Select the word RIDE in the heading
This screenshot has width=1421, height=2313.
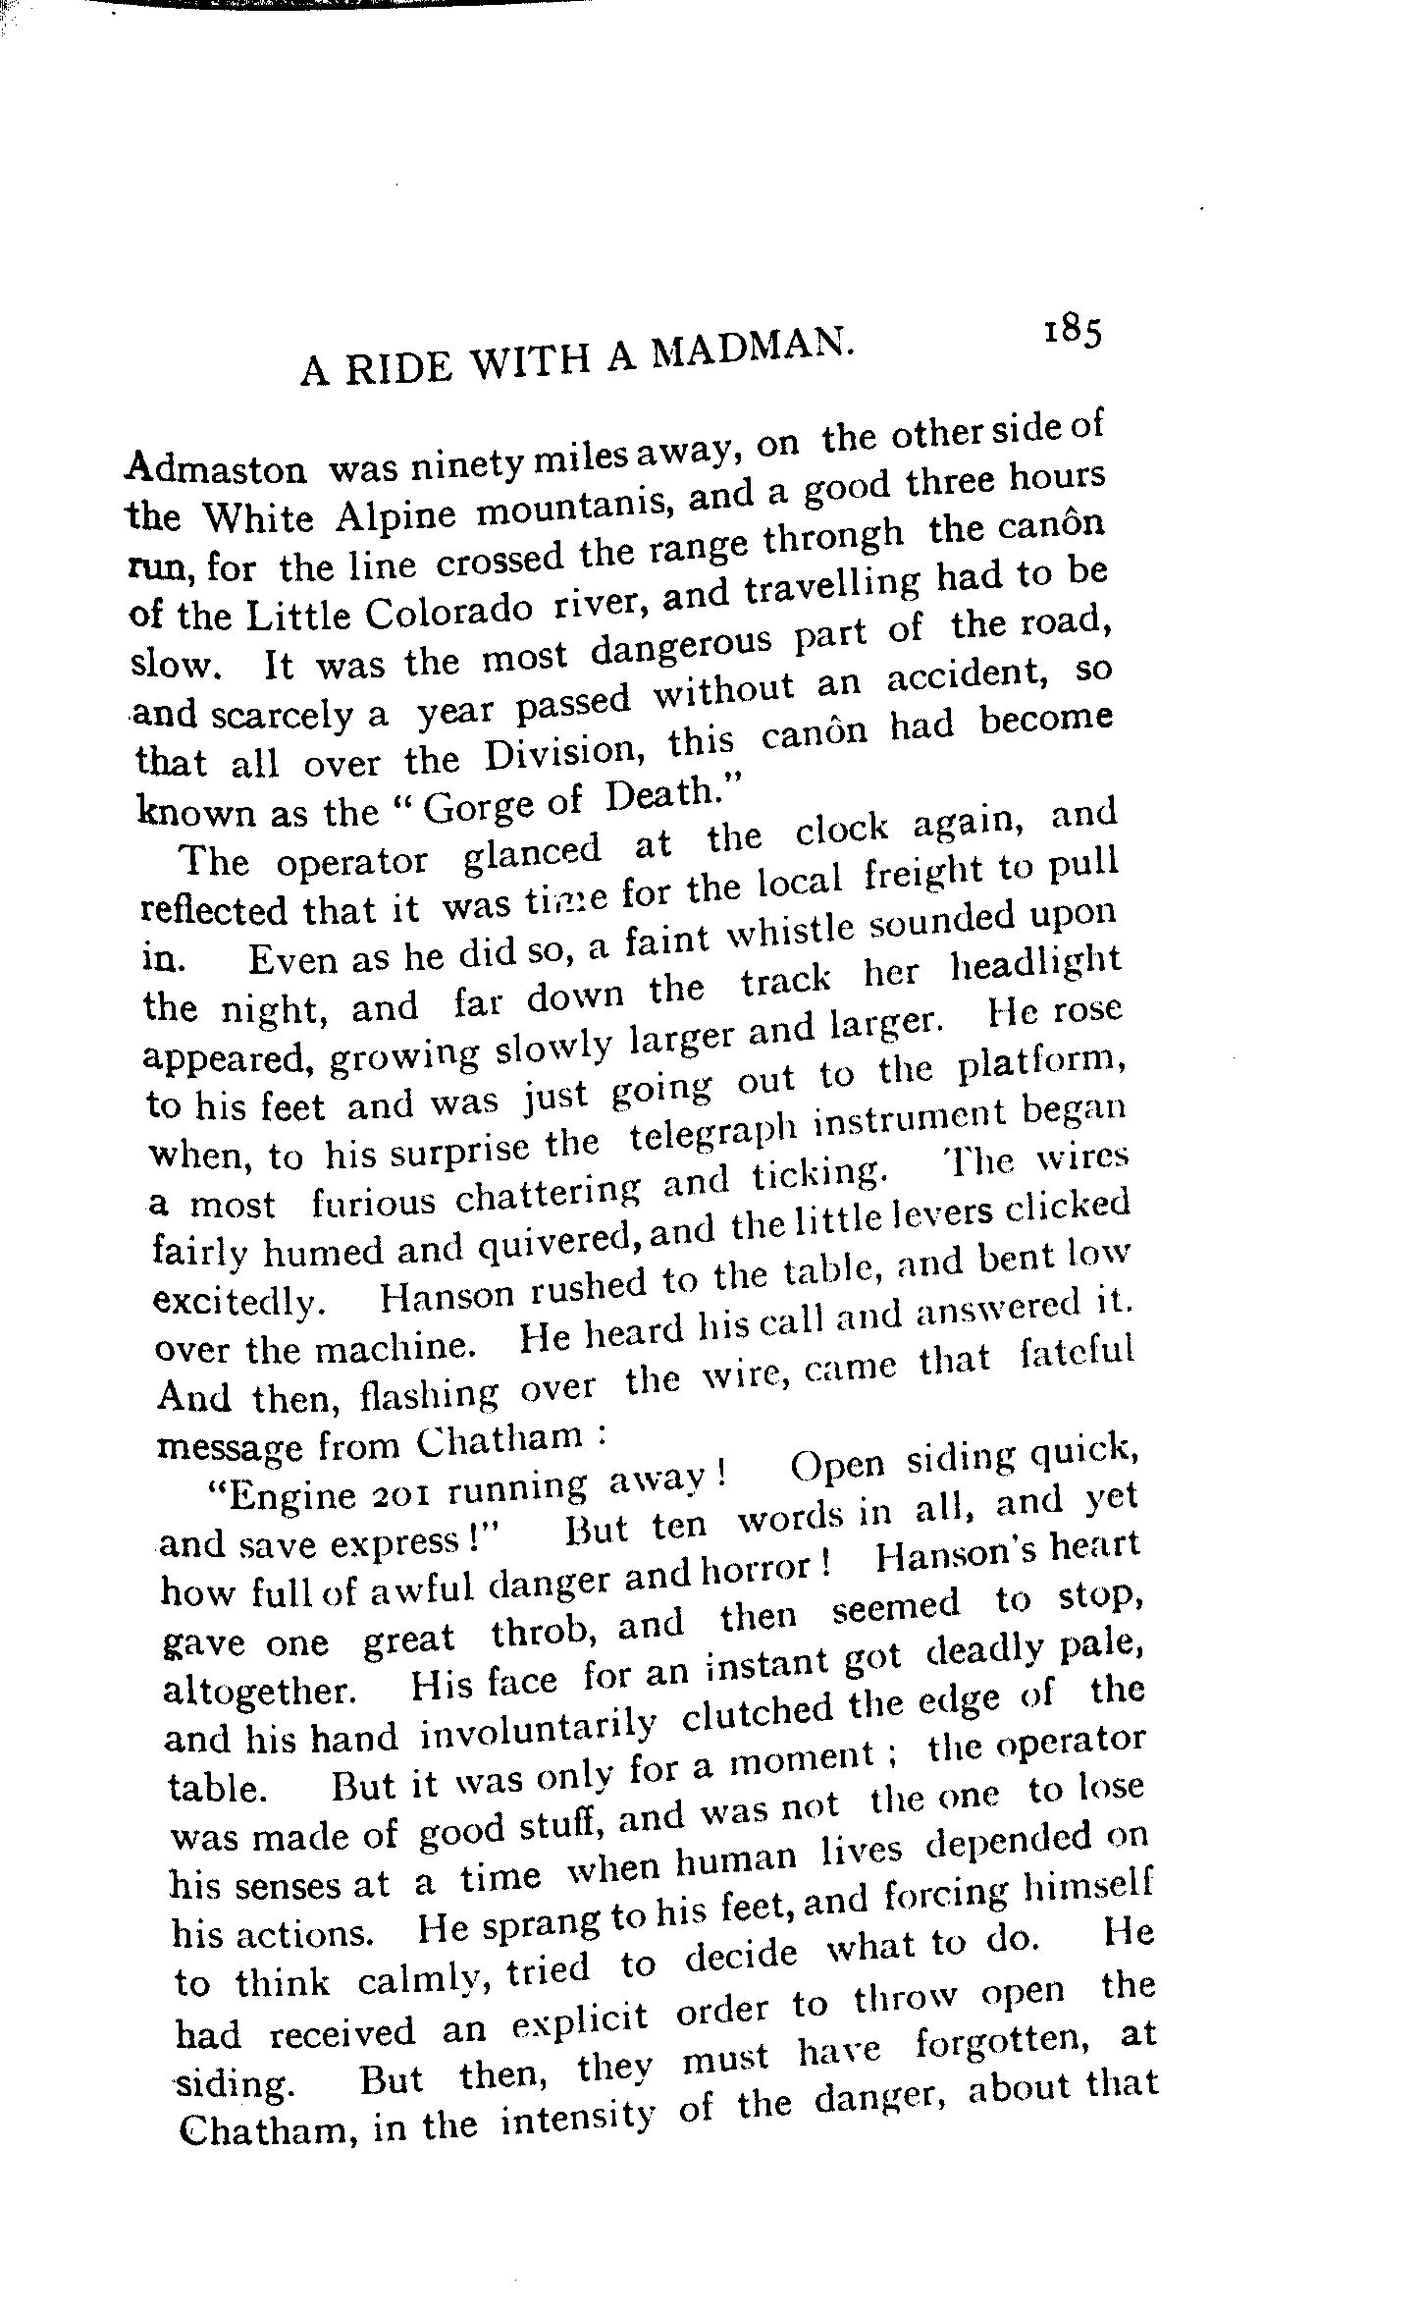(x=392, y=367)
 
